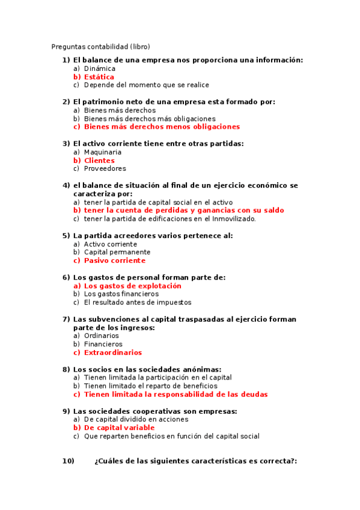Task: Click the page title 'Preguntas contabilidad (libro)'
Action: tap(100, 46)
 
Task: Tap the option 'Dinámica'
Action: tap(99, 69)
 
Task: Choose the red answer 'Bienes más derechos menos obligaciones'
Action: tap(162, 127)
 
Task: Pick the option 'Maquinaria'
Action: tap(102, 152)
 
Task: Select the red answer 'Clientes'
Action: tap(99, 161)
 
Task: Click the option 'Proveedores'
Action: tap(105, 169)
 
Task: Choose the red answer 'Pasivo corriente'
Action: tap(114, 261)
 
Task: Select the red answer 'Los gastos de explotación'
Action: tap(132, 286)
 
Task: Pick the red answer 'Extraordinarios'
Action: tap(113, 352)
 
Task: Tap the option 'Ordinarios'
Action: tap(101, 336)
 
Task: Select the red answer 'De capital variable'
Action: tap(119, 428)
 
